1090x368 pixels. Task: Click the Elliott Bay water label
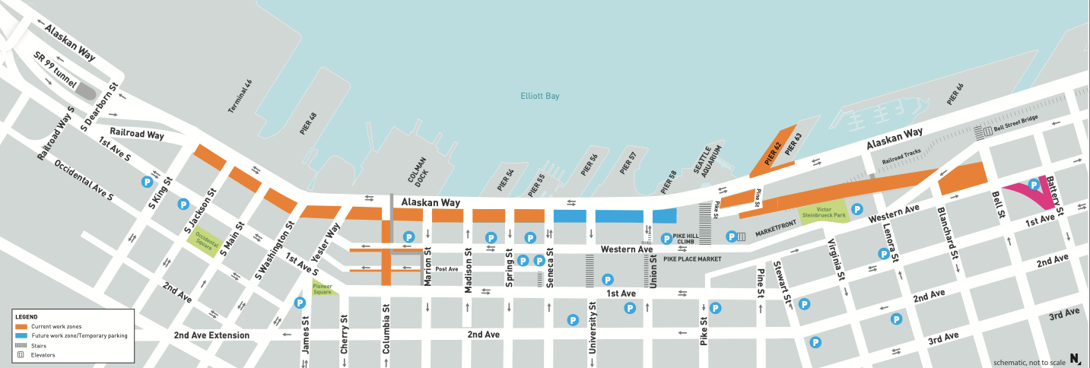pyautogui.click(x=539, y=96)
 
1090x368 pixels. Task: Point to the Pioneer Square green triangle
pyautogui.click(x=322, y=287)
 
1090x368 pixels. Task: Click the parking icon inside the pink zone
pyautogui.click(x=1034, y=184)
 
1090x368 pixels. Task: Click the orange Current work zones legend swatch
pyautogui.click(x=21, y=326)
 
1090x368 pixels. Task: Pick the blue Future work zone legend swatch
pyautogui.click(x=21, y=335)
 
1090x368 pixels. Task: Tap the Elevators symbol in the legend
pyautogui.click(x=21, y=354)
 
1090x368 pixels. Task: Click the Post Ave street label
pyautogui.click(x=446, y=269)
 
